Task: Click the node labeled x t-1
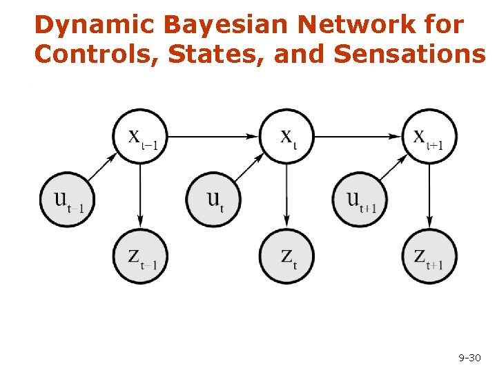[x=141, y=136]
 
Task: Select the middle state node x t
[x=286, y=136]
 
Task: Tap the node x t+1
[x=430, y=136]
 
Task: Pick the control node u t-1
[x=68, y=200]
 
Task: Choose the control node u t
[x=214, y=200]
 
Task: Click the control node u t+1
[x=360, y=200]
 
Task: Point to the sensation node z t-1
[x=141, y=257]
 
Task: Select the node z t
[x=286, y=257]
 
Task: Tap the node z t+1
[x=430, y=257]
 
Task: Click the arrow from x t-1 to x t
[x=213, y=137]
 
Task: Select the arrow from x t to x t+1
[x=358, y=137]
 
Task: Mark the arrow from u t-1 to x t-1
[x=102, y=168]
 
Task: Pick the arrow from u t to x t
[x=248, y=168]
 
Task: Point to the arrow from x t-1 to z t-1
[x=141, y=196]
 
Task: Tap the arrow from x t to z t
[x=286, y=196]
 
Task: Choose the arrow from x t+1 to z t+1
[x=430, y=196]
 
